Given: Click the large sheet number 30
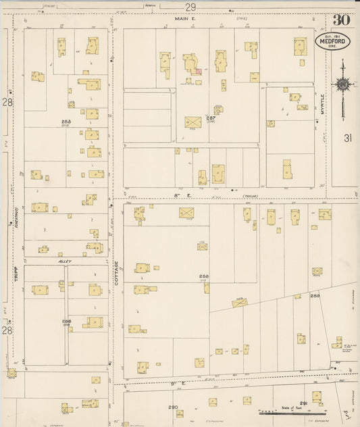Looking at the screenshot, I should pyautogui.click(x=340, y=19).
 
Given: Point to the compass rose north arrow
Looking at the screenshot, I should pyautogui.click(x=342, y=84).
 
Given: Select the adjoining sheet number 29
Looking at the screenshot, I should pyautogui.click(x=191, y=7).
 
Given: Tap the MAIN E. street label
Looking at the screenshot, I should pyautogui.click(x=184, y=20).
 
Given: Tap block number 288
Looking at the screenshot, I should pyautogui.click(x=203, y=276).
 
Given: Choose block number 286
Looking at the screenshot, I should pyautogui.click(x=67, y=322).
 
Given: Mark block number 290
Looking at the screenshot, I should pyautogui.click(x=174, y=407).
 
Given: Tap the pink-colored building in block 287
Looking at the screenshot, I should pyautogui.click(x=198, y=70).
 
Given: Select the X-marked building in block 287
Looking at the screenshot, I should pyautogui.click(x=192, y=122).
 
